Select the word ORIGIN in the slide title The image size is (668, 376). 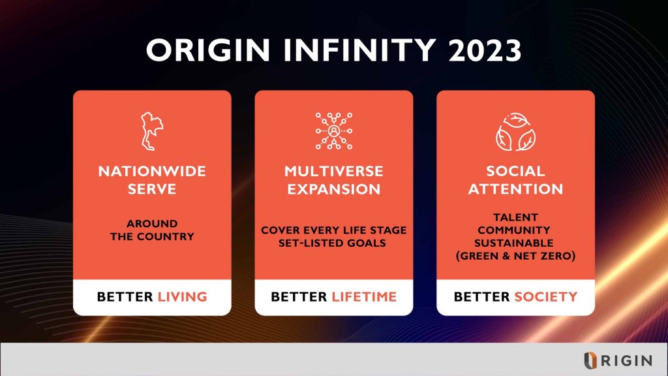pyautogui.click(x=204, y=50)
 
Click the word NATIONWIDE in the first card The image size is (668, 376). pyautogui.click(x=152, y=172)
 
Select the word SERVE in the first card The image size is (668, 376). pyautogui.click(x=152, y=189)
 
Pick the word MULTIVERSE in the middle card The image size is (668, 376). pyautogui.click(x=333, y=172)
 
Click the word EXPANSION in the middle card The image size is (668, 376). pyautogui.click(x=333, y=189)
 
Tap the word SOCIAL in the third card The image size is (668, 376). pyautogui.click(x=515, y=172)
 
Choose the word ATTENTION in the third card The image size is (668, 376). pyautogui.click(x=515, y=189)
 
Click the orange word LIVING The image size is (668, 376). pyautogui.click(x=182, y=296)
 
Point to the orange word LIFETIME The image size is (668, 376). pyautogui.click(x=364, y=296)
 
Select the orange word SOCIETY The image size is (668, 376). pyautogui.click(x=545, y=296)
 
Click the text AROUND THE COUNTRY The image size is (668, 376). pyautogui.click(x=152, y=230)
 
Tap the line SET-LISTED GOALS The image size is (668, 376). pyautogui.click(x=333, y=243)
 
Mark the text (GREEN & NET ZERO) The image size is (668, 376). pyautogui.click(x=515, y=256)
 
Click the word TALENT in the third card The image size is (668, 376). pyautogui.click(x=515, y=217)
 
